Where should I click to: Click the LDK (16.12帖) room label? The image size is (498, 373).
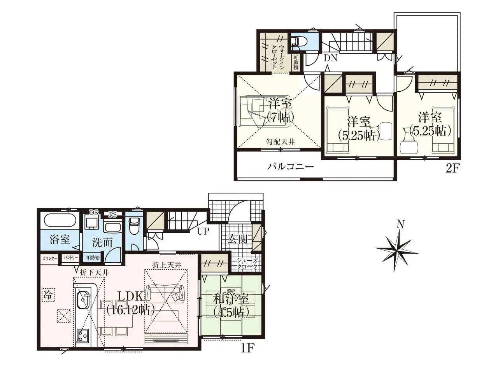tap(130, 303)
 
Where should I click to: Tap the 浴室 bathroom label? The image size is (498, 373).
tap(60, 239)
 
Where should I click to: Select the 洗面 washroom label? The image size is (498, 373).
tap(102, 242)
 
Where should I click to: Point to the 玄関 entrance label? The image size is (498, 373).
tap(237, 239)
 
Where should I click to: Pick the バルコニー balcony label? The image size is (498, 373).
tap(290, 167)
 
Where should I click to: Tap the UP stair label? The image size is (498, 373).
tap(203, 231)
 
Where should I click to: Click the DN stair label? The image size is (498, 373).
tap(330, 58)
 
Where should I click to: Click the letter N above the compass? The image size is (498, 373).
tap(401, 224)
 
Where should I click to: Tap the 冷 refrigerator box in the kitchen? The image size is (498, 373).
tap(48, 295)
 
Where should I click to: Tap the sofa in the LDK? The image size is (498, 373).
tap(165, 293)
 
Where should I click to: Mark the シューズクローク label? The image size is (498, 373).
tap(247, 263)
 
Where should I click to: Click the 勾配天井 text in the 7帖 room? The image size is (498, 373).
tap(281, 142)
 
